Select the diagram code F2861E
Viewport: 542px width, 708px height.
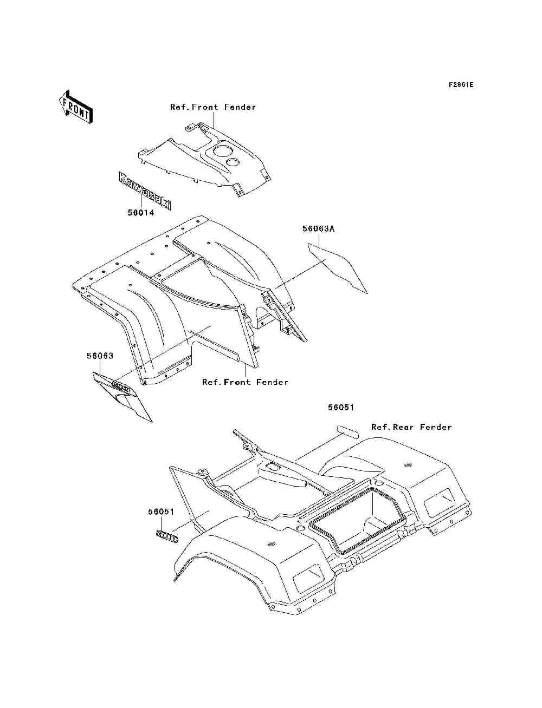tap(461, 85)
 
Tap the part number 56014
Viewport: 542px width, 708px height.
tap(141, 213)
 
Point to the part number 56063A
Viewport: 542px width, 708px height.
tap(318, 229)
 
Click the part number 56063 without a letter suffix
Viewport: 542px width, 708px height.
tap(100, 356)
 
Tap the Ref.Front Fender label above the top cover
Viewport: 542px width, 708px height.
tap(213, 107)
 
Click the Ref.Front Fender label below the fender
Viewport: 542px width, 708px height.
tap(245, 382)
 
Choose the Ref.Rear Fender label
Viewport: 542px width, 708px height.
tap(411, 427)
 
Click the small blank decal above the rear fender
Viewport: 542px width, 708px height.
tap(347, 431)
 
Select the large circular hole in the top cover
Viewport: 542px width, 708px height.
tap(223, 150)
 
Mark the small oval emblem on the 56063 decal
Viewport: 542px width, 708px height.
tap(121, 386)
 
